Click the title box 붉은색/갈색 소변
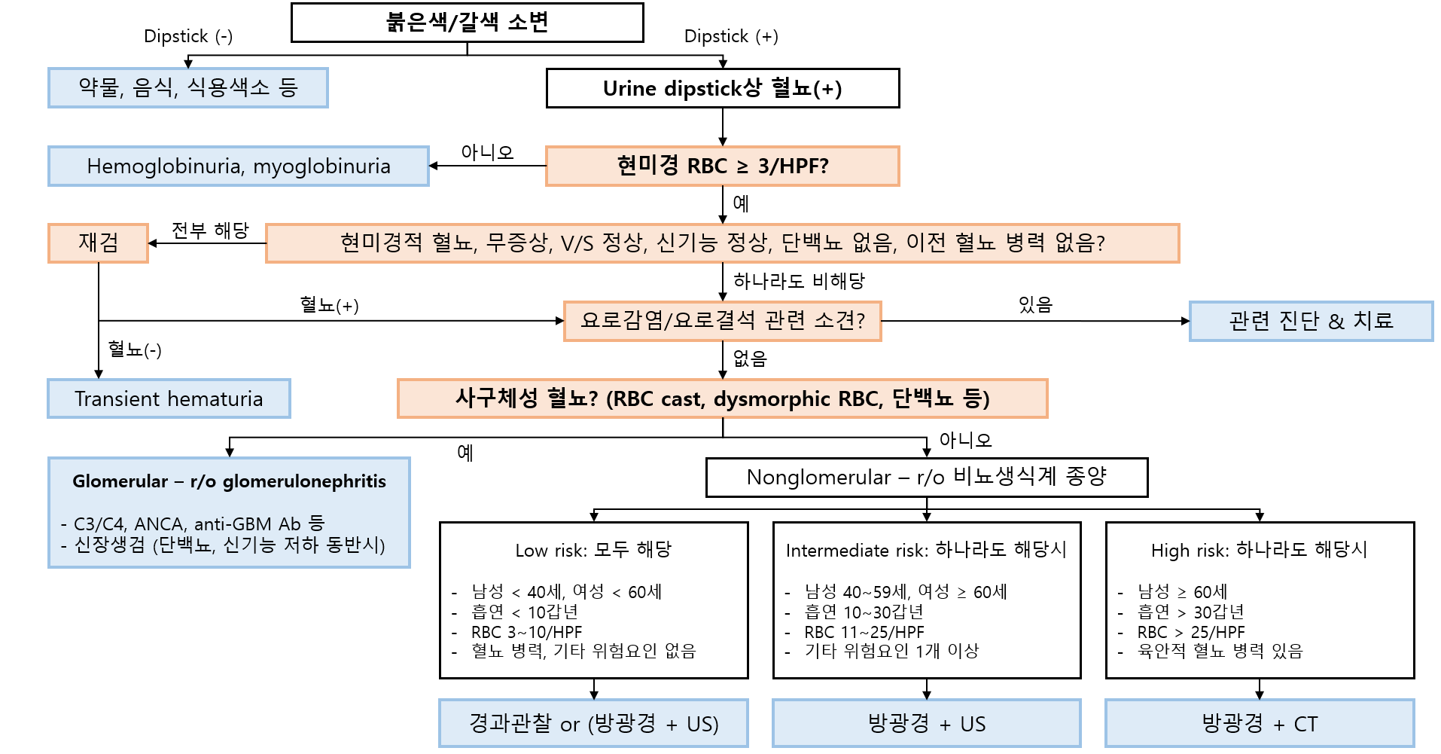click(467, 23)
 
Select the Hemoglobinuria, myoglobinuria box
click(238, 166)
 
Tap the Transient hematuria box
click(169, 398)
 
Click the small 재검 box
click(98, 243)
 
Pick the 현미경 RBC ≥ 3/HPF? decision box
click(722, 166)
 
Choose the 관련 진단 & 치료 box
click(1311, 321)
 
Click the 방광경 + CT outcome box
click(1259, 723)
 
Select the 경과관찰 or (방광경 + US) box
click(593, 723)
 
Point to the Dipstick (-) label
click(188, 36)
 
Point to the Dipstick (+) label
click(731, 36)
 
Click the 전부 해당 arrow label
click(210, 230)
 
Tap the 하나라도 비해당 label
click(799, 281)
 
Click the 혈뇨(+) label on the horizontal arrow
click(329, 305)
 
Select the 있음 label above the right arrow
click(1035, 304)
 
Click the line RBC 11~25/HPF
click(864, 632)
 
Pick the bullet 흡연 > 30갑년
click(1190, 612)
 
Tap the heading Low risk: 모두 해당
click(593, 550)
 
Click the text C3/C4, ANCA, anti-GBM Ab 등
click(199, 524)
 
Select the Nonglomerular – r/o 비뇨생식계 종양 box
click(926, 477)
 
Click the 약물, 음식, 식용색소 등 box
click(188, 87)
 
